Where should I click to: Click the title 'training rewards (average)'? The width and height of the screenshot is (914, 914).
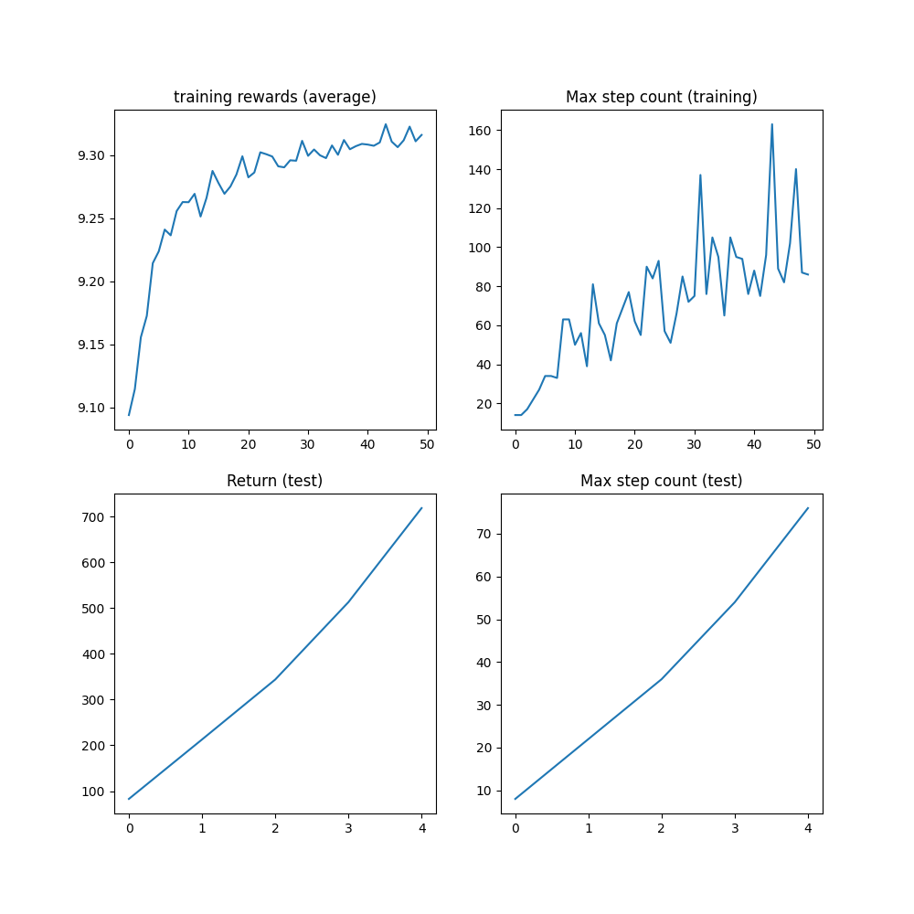tap(274, 97)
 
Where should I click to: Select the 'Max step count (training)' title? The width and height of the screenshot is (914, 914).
tap(661, 97)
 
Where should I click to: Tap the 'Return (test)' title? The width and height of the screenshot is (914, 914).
tap(274, 481)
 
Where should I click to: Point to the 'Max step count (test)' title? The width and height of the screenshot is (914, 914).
tap(661, 481)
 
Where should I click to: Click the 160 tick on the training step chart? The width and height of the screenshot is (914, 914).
tap(484, 131)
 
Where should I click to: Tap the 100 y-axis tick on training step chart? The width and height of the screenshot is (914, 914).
tap(484, 248)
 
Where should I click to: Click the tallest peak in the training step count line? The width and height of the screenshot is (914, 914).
tap(771, 124)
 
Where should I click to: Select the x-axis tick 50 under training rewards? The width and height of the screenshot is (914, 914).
tap(427, 445)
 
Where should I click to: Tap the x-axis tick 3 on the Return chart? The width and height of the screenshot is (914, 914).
tap(348, 829)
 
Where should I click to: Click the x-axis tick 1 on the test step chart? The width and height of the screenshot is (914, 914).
tap(589, 829)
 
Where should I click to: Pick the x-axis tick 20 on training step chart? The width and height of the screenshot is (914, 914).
tap(634, 445)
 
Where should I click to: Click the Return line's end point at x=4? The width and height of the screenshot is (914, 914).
tap(421, 508)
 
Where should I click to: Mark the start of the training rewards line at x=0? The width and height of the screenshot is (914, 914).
tap(129, 415)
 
